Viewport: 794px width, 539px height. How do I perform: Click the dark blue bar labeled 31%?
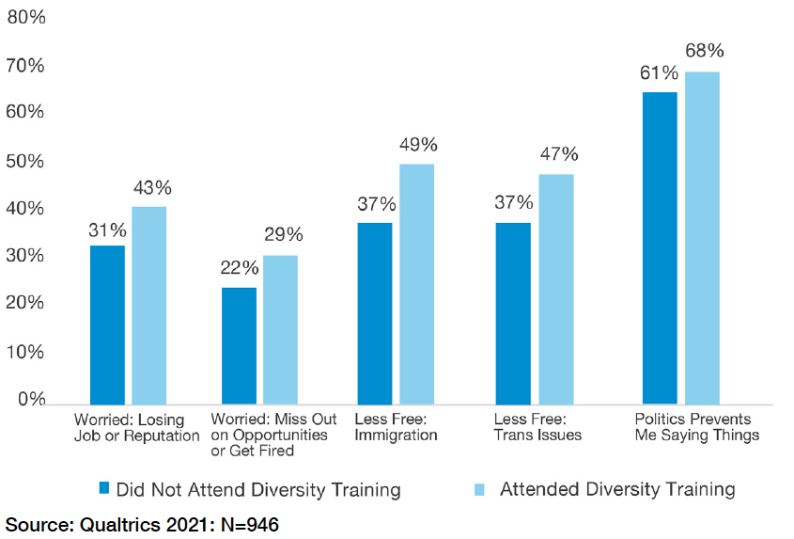pyautogui.click(x=107, y=325)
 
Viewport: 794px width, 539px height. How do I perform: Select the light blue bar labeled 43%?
pyautogui.click(x=148, y=306)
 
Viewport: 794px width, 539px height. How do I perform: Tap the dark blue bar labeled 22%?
pyautogui.click(x=239, y=345)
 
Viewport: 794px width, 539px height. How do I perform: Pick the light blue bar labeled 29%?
pyautogui.click(x=280, y=329)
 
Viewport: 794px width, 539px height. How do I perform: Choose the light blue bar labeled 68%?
pyautogui.click(x=702, y=238)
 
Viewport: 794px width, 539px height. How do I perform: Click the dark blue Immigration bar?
pyautogui.click(x=374, y=313)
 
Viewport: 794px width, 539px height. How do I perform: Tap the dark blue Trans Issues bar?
pyautogui.click(x=513, y=313)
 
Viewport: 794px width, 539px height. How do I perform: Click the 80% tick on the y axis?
pyautogui.click(x=25, y=16)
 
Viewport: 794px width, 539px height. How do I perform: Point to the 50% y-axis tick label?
pyautogui.click(x=25, y=161)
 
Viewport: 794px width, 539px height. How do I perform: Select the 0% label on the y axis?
pyautogui.click(x=30, y=400)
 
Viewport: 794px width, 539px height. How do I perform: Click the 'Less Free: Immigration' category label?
pyautogui.click(x=396, y=428)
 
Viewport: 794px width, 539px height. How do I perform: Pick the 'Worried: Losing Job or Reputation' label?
pyautogui.click(x=136, y=428)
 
